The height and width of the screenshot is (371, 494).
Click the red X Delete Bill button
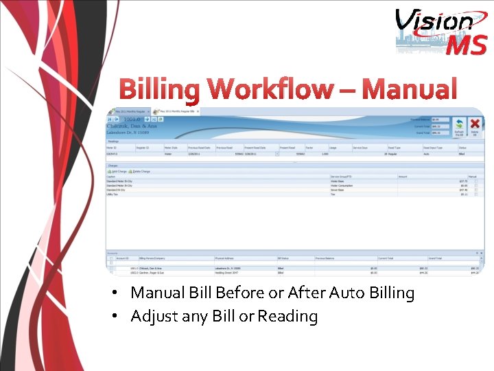[x=473, y=124]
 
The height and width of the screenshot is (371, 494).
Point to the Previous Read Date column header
[x=200, y=148]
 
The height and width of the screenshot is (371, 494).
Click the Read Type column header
[x=395, y=148]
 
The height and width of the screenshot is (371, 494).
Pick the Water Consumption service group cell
[x=342, y=185]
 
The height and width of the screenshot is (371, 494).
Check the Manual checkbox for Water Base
[x=476, y=181]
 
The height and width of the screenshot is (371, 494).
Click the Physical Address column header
[x=226, y=258]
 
